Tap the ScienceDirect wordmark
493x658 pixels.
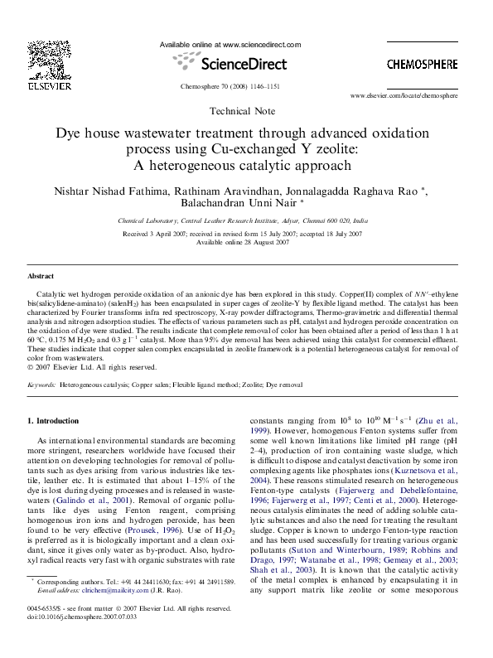click(x=230, y=63)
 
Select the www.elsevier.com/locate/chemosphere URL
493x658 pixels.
click(x=415, y=96)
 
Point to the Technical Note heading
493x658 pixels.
click(x=243, y=110)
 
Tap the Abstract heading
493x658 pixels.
click(x=41, y=276)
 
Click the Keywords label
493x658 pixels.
click(x=41, y=385)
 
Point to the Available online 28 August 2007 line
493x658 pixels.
click(x=243, y=242)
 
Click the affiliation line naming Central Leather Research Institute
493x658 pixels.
click(x=243, y=221)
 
